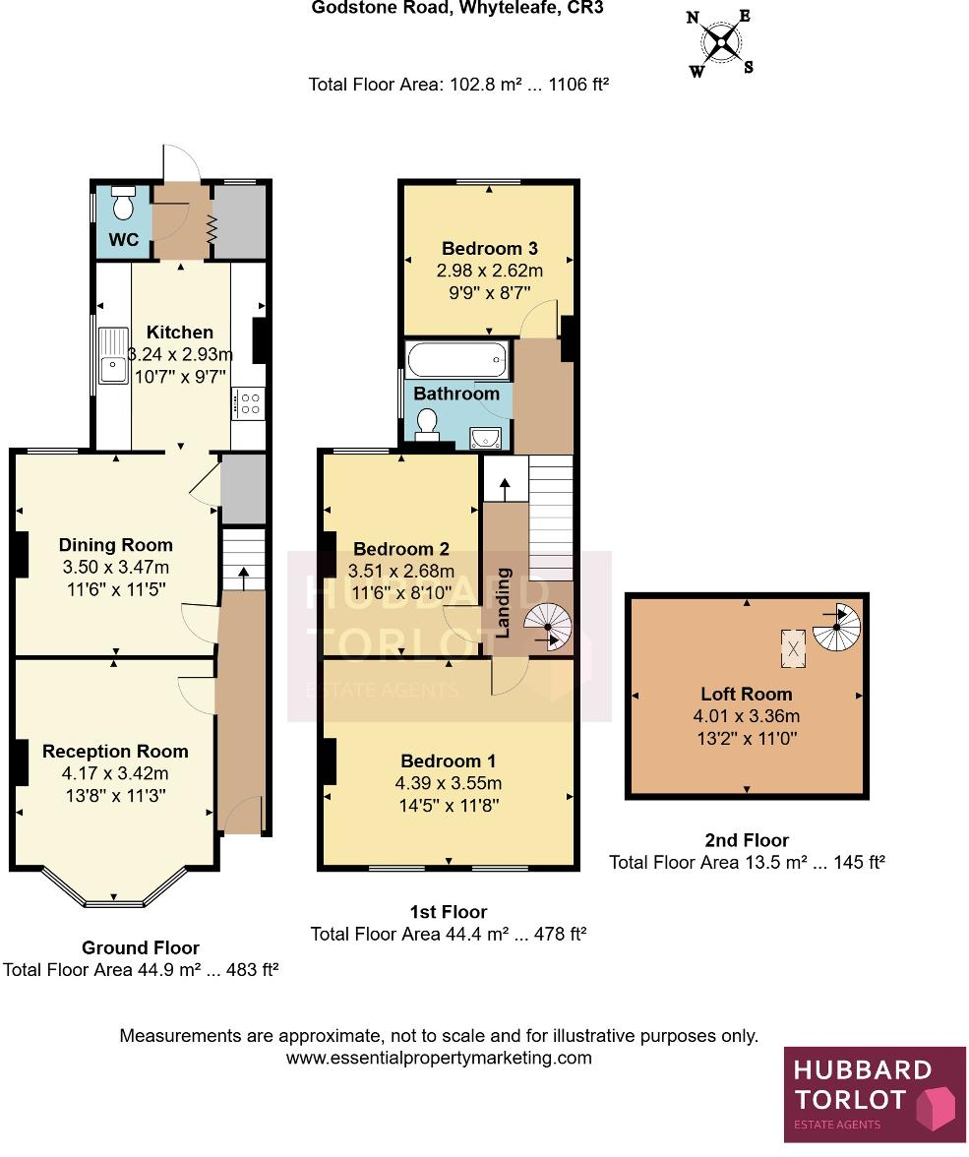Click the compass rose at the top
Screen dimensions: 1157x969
(721, 42)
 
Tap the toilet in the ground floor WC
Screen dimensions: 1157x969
(123, 204)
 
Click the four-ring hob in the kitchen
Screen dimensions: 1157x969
(248, 402)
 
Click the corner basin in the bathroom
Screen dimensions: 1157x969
(490, 436)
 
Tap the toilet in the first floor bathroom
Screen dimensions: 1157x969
(427, 424)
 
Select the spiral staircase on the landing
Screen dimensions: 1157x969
(547, 628)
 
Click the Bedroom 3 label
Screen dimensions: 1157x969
(489, 248)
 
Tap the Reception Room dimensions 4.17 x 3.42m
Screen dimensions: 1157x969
(115, 773)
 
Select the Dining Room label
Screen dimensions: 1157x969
(115, 545)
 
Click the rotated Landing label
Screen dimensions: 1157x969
(503, 602)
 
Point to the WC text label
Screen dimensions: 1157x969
(123, 241)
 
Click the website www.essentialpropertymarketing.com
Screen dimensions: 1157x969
(439, 1059)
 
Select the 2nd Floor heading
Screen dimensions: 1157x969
(747, 840)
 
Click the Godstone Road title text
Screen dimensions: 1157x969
(456, 8)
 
